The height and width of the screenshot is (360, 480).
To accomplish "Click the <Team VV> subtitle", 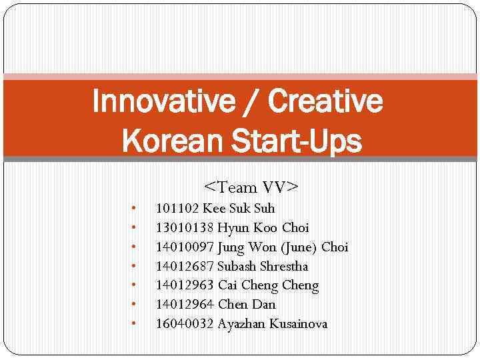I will coord(251,187).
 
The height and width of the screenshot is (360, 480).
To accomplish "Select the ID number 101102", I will coord(177,209).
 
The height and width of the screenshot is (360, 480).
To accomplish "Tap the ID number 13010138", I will coord(185,228).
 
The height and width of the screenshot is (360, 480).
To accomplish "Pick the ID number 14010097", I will coord(185,247).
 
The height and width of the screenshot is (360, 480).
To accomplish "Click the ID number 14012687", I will coord(185,267).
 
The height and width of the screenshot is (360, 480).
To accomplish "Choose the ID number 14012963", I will coord(185,286).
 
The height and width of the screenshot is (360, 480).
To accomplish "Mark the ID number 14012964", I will coord(185,305).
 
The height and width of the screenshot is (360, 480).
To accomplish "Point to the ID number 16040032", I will coord(185,324).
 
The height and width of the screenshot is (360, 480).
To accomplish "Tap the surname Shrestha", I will coord(283,267).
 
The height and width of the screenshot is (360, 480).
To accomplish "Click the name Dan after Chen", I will coord(264,305).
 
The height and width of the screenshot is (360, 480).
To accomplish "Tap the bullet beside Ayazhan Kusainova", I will coord(135,324).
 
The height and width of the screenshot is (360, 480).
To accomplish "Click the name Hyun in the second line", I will coord(231,228).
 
